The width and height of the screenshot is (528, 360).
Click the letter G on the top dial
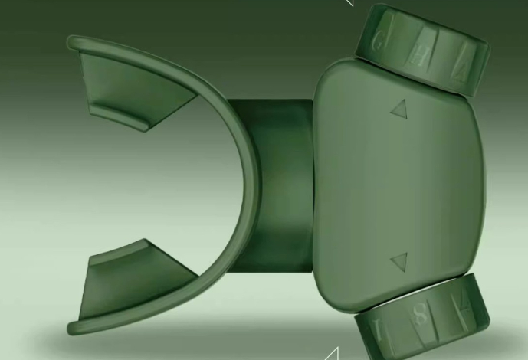[378, 42]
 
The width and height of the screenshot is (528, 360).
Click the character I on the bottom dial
[378, 332]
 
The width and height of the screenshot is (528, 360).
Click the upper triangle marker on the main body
[398, 110]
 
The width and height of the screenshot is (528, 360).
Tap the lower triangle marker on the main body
[398, 263]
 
